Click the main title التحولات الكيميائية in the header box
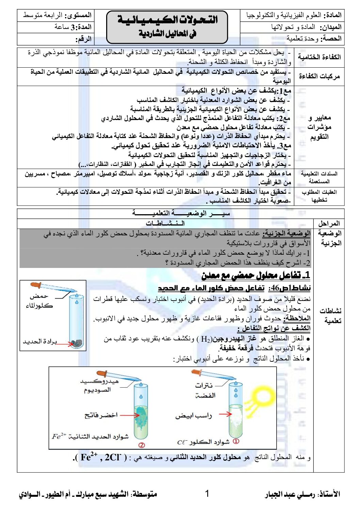pyautogui.click(x=167, y=19)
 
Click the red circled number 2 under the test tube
pyautogui.click(x=142, y=445)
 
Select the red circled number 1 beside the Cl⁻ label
pyautogui.click(x=236, y=441)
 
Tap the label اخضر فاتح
pyautogui.click(x=101, y=415)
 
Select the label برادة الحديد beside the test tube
pyautogui.click(x=40, y=341)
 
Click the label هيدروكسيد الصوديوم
pyautogui.click(x=99, y=385)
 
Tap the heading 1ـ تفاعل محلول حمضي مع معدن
pyautogui.click(x=256, y=275)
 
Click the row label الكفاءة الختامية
pyautogui.click(x=319, y=57)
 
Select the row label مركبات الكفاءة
pyautogui.click(x=319, y=76)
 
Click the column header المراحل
pyautogui.click(x=329, y=223)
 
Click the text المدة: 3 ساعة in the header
pyautogui.click(x=73, y=27)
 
